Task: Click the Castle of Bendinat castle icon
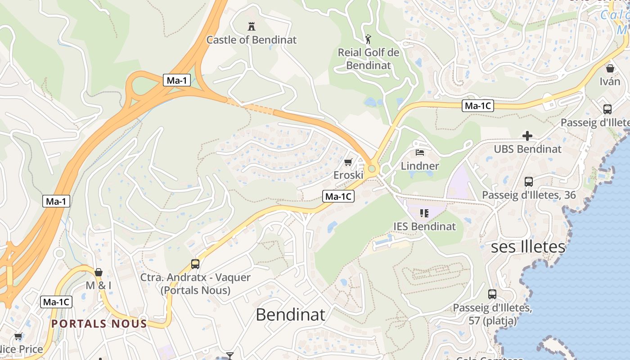coord(251,26)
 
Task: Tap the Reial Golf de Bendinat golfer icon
coord(368,39)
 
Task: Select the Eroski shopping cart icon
coord(348,162)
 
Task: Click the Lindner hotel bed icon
coord(420,153)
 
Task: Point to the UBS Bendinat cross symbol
coord(527,135)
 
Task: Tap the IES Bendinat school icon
coord(424,213)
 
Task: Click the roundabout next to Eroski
coord(372,169)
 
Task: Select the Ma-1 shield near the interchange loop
coord(176,81)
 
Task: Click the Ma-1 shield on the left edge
coord(57,201)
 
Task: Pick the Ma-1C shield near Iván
coord(478,106)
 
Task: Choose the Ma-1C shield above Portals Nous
coord(56,302)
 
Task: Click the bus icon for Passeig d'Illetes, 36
coord(528,182)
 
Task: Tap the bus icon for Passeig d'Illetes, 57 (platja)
coord(492,294)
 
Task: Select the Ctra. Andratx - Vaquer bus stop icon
coord(195,264)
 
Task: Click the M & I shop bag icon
coord(99,272)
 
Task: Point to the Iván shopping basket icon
coord(610,68)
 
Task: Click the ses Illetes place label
coord(528,247)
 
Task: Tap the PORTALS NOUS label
coord(99,324)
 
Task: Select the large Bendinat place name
coord(290,314)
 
